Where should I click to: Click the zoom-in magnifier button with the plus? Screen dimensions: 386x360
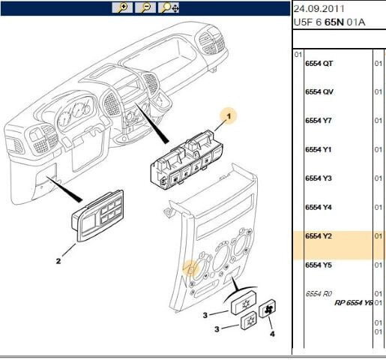pyautogui.click(x=122, y=7)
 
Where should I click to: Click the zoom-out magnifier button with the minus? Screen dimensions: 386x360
pyautogui.click(x=145, y=7)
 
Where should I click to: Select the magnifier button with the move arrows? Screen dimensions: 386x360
pyautogui.click(x=169, y=7)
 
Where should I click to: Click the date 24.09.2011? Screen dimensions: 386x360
pyautogui.click(x=319, y=9)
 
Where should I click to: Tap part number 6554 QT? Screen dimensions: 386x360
pyautogui.click(x=319, y=64)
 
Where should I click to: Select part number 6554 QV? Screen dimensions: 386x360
pyautogui.click(x=319, y=92)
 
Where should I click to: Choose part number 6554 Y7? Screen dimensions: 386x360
pyautogui.click(x=319, y=121)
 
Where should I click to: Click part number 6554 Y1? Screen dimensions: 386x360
pyautogui.click(x=319, y=149)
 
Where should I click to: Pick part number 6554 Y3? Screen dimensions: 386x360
pyautogui.click(x=319, y=178)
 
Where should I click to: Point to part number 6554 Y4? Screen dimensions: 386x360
pyautogui.click(x=319, y=207)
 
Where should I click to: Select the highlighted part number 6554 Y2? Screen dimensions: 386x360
pyautogui.click(x=319, y=236)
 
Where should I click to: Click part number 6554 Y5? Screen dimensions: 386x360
pyautogui.click(x=319, y=265)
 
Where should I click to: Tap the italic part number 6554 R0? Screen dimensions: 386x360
pyautogui.click(x=319, y=294)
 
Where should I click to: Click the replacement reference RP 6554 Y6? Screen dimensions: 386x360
pyautogui.click(x=354, y=303)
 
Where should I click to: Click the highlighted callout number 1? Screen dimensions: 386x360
pyautogui.click(x=229, y=116)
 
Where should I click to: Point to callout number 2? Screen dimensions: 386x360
pyautogui.click(x=58, y=261)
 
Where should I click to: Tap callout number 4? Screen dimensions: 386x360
pyautogui.click(x=272, y=334)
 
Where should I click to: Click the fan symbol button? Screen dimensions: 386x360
pyautogui.click(x=268, y=308)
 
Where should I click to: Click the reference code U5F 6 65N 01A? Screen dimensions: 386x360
pyautogui.click(x=329, y=22)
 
